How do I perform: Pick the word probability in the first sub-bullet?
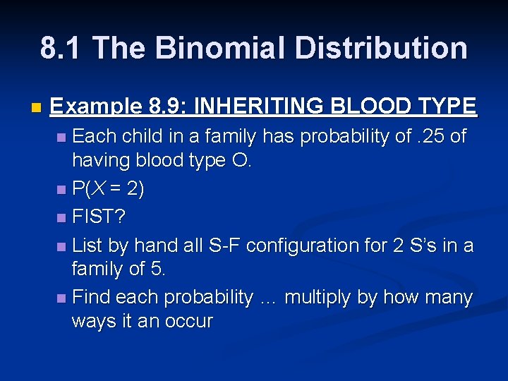tap(350, 136)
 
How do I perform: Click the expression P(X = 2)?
tap(109, 190)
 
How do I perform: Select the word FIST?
tap(99, 217)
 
